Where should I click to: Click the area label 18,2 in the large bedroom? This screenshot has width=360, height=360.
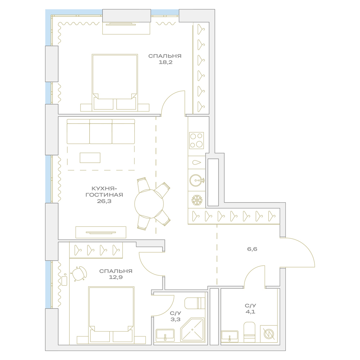(x=166, y=62)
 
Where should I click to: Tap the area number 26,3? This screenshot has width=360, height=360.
(x=104, y=201)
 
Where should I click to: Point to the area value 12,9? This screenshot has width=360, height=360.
(x=116, y=277)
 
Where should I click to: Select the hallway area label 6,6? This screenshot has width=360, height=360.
(x=252, y=249)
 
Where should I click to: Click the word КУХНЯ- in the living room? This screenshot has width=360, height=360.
(x=104, y=189)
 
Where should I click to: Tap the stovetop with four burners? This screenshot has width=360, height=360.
(x=197, y=140)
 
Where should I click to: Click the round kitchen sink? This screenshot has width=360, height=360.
(x=197, y=180)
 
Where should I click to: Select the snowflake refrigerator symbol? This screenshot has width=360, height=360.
(x=197, y=200)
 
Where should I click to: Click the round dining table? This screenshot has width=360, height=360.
(x=149, y=204)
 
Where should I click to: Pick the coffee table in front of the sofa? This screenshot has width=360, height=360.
(x=90, y=158)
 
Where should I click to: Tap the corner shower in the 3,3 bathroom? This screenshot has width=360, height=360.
(x=192, y=330)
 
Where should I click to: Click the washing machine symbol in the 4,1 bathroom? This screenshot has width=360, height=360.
(x=269, y=333)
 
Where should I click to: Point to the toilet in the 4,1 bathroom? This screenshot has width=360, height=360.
(x=249, y=332)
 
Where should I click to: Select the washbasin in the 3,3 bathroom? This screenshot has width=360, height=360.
(x=165, y=336)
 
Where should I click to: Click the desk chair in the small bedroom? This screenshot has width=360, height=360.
(x=79, y=274)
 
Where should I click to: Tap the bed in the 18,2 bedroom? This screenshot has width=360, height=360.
(x=115, y=83)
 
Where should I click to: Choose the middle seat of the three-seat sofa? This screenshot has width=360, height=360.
(x=101, y=131)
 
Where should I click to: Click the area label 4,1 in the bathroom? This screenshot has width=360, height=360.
(x=250, y=311)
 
